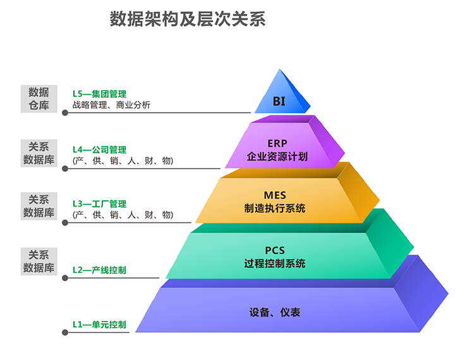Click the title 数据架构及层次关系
pyautogui.click(x=188, y=19)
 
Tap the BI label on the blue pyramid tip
pyautogui.click(x=279, y=101)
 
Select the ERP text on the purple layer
pyautogui.click(x=277, y=143)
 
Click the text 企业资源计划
pyautogui.click(x=277, y=156)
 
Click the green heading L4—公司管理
pyautogui.click(x=99, y=150)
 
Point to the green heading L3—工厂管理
pyautogui.click(x=99, y=204)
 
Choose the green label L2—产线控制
pyautogui.click(x=99, y=270)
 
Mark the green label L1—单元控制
pyautogui.click(x=99, y=325)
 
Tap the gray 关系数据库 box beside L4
pyautogui.click(x=39, y=153)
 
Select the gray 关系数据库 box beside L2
pyautogui.click(x=39, y=261)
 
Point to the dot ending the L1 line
pyautogui.click(x=65, y=332)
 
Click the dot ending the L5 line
pyautogui.click(x=65, y=113)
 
